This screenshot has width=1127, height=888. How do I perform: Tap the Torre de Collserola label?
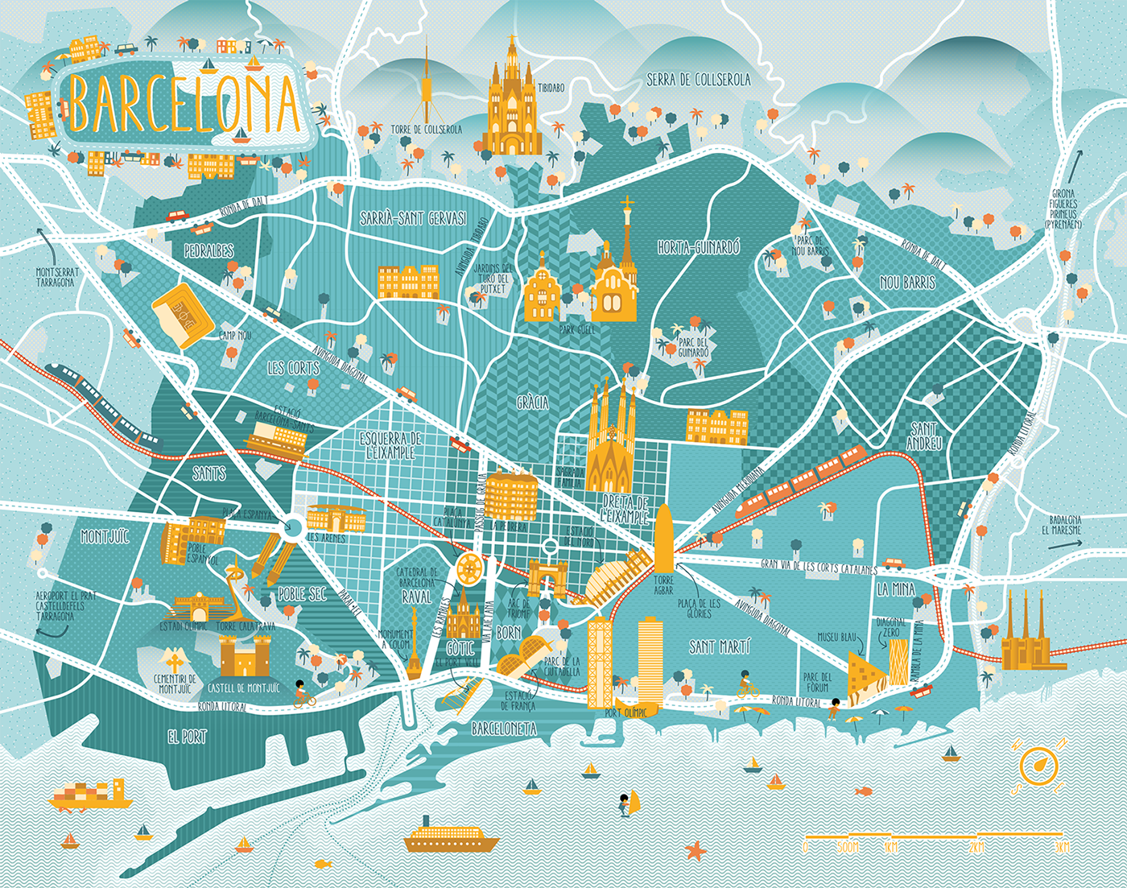427,130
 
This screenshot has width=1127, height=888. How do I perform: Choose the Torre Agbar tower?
663,538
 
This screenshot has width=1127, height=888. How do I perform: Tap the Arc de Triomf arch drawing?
547,578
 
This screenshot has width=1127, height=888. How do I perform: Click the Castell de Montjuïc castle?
246,656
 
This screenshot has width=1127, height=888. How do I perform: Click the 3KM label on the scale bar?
1063,848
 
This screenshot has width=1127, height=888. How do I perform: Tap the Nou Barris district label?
907,283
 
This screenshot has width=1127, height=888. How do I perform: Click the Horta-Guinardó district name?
698,248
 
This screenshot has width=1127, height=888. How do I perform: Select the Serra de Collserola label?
698,80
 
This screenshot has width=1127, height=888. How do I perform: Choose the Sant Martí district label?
720,646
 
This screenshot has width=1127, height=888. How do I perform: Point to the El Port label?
187,736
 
